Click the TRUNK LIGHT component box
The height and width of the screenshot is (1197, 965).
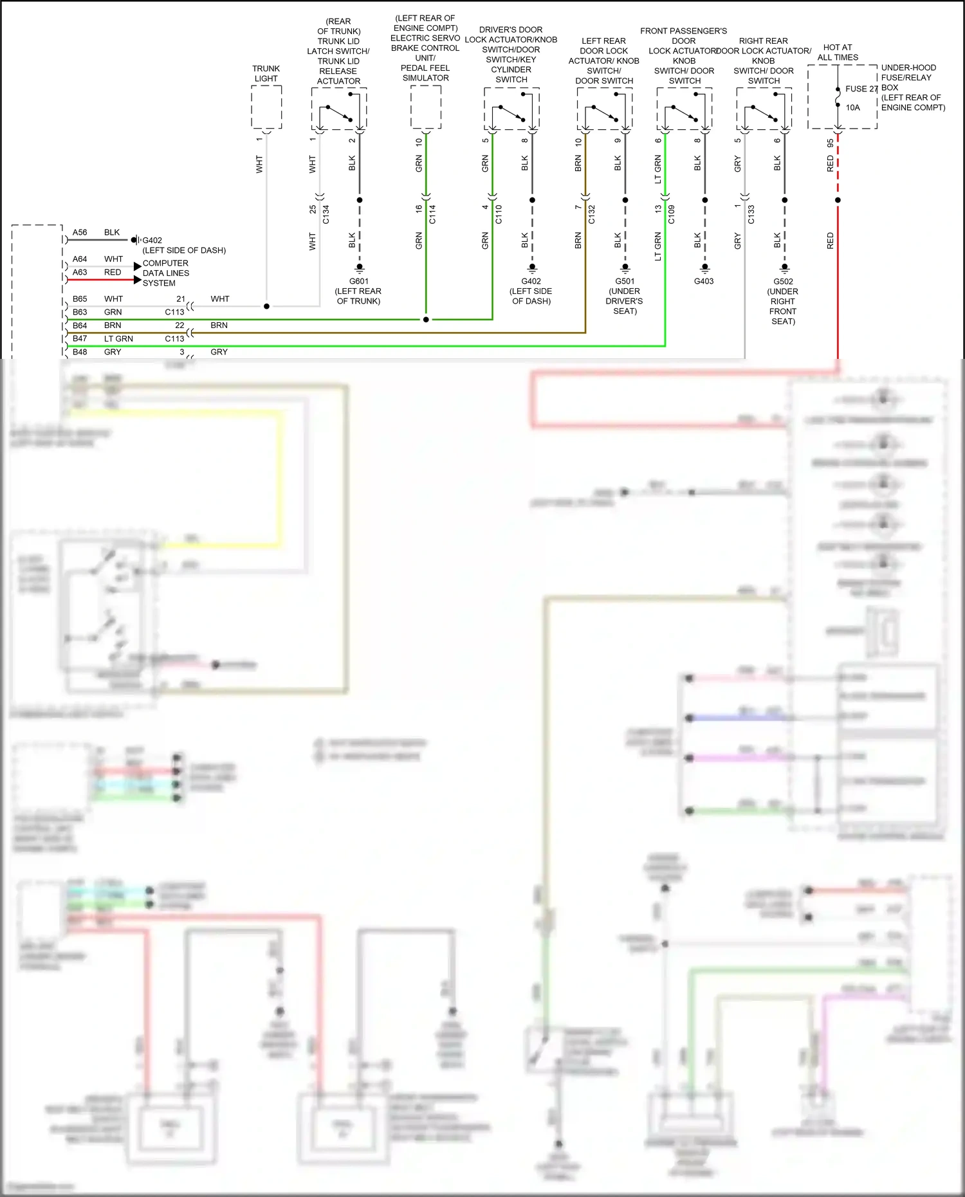tap(266, 107)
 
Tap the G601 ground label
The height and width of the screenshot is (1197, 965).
tap(359, 281)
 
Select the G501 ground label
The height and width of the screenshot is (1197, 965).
tap(625, 281)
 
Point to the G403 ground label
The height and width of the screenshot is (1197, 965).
tap(704, 281)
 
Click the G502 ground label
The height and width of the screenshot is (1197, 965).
tap(783, 281)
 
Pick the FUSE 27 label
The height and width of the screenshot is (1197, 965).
tap(861, 89)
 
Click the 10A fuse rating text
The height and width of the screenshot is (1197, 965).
tap(852, 107)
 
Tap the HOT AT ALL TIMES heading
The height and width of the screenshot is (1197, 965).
tap(838, 52)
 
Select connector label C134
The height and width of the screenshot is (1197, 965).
tap(326, 214)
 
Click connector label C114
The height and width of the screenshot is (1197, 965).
tap(432, 214)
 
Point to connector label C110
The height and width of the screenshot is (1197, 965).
tap(499, 214)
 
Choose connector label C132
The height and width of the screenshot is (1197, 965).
tap(592, 214)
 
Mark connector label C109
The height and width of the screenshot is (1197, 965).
tap(671, 214)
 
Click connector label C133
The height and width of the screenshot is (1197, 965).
tap(751, 214)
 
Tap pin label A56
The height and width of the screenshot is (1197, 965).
tap(80, 232)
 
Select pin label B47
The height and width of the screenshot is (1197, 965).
tap(80, 338)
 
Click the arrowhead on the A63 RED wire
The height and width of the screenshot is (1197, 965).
tap(138, 280)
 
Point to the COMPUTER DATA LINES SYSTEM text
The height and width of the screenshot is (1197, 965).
tap(166, 273)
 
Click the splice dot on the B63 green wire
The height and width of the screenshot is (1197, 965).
tap(426, 320)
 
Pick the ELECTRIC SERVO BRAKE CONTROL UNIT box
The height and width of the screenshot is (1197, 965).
tap(426, 107)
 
